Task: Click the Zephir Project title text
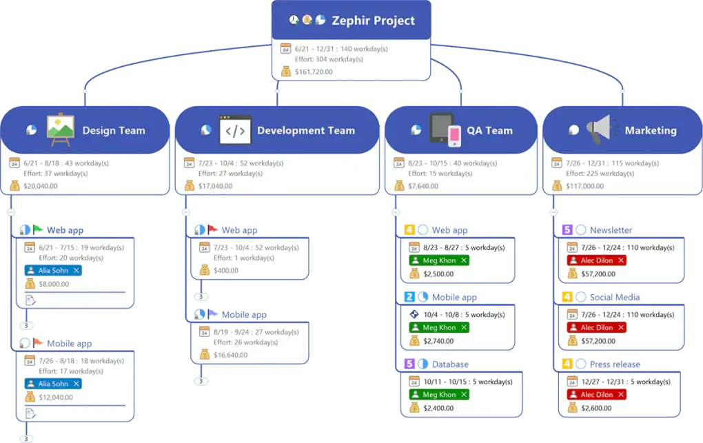pyautogui.click(x=374, y=21)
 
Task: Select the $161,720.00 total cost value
pyautogui.click(x=314, y=72)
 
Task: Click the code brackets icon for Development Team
pyautogui.click(x=235, y=130)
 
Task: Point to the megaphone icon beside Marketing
pyautogui.click(x=599, y=130)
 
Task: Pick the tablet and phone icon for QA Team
pyautogui.click(x=445, y=130)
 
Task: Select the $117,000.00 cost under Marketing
pyautogui.click(x=584, y=185)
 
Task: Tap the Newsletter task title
pyautogui.click(x=611, y=230)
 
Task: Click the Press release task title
pyautogui.click(x=615, y=364)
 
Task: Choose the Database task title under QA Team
pyautogui.click(x=450, y=364)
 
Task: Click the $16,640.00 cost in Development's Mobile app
pyautogui.click(x=233, y=355)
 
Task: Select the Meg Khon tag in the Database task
pyautogui.click(x=439, y=395)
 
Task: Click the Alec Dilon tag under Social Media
pyautogui.click(x=597, y=328)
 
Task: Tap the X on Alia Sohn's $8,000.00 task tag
pyautogui.click(x=76, y=271)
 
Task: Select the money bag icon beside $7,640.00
pyautogui.click(x=399, y=185)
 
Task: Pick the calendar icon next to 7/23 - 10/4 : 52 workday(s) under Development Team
pyautogui.click(x=189, y=163)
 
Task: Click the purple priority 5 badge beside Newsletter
pyautogui.click(x=567, y=230)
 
